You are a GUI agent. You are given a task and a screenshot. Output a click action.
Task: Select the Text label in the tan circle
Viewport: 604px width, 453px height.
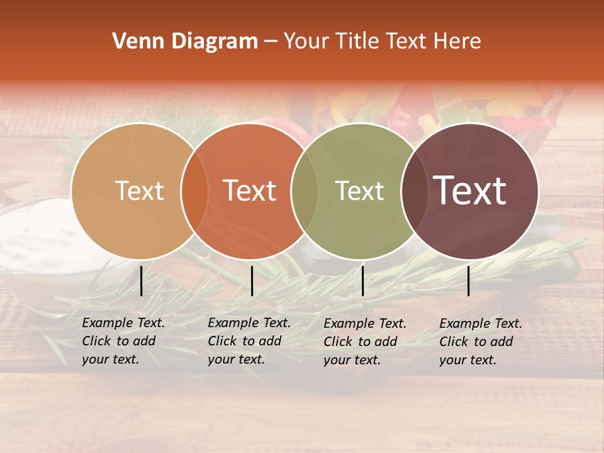coord(139,191)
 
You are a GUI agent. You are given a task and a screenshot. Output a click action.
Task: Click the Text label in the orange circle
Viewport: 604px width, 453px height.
coord(250,191)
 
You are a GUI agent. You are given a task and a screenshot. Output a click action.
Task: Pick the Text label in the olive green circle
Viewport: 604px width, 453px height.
coord(360,191)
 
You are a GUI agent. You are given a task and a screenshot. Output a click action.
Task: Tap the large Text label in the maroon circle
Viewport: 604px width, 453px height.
coord(470,191)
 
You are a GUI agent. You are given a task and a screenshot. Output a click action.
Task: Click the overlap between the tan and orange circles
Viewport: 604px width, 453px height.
coord(194,191)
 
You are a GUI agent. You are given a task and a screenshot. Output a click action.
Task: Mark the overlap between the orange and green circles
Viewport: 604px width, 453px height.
coord(305,191)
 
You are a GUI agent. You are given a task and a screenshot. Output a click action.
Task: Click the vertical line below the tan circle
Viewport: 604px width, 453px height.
coord(142,281)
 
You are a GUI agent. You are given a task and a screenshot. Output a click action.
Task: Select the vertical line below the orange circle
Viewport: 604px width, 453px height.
coord(252,281)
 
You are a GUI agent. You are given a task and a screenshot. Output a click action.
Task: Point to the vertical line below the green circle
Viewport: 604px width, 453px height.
coord(363,281)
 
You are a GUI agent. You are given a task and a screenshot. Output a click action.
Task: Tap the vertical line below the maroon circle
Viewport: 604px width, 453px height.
coord(469,281)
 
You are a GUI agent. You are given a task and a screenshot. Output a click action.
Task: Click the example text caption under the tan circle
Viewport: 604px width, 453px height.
coord(123,341)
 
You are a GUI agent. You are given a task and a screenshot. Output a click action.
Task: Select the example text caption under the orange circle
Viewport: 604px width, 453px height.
coord(249,341)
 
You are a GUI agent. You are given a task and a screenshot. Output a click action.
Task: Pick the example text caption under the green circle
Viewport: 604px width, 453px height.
coord(365,342)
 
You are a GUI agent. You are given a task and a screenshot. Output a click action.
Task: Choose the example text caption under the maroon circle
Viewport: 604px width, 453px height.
coord(481,342)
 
